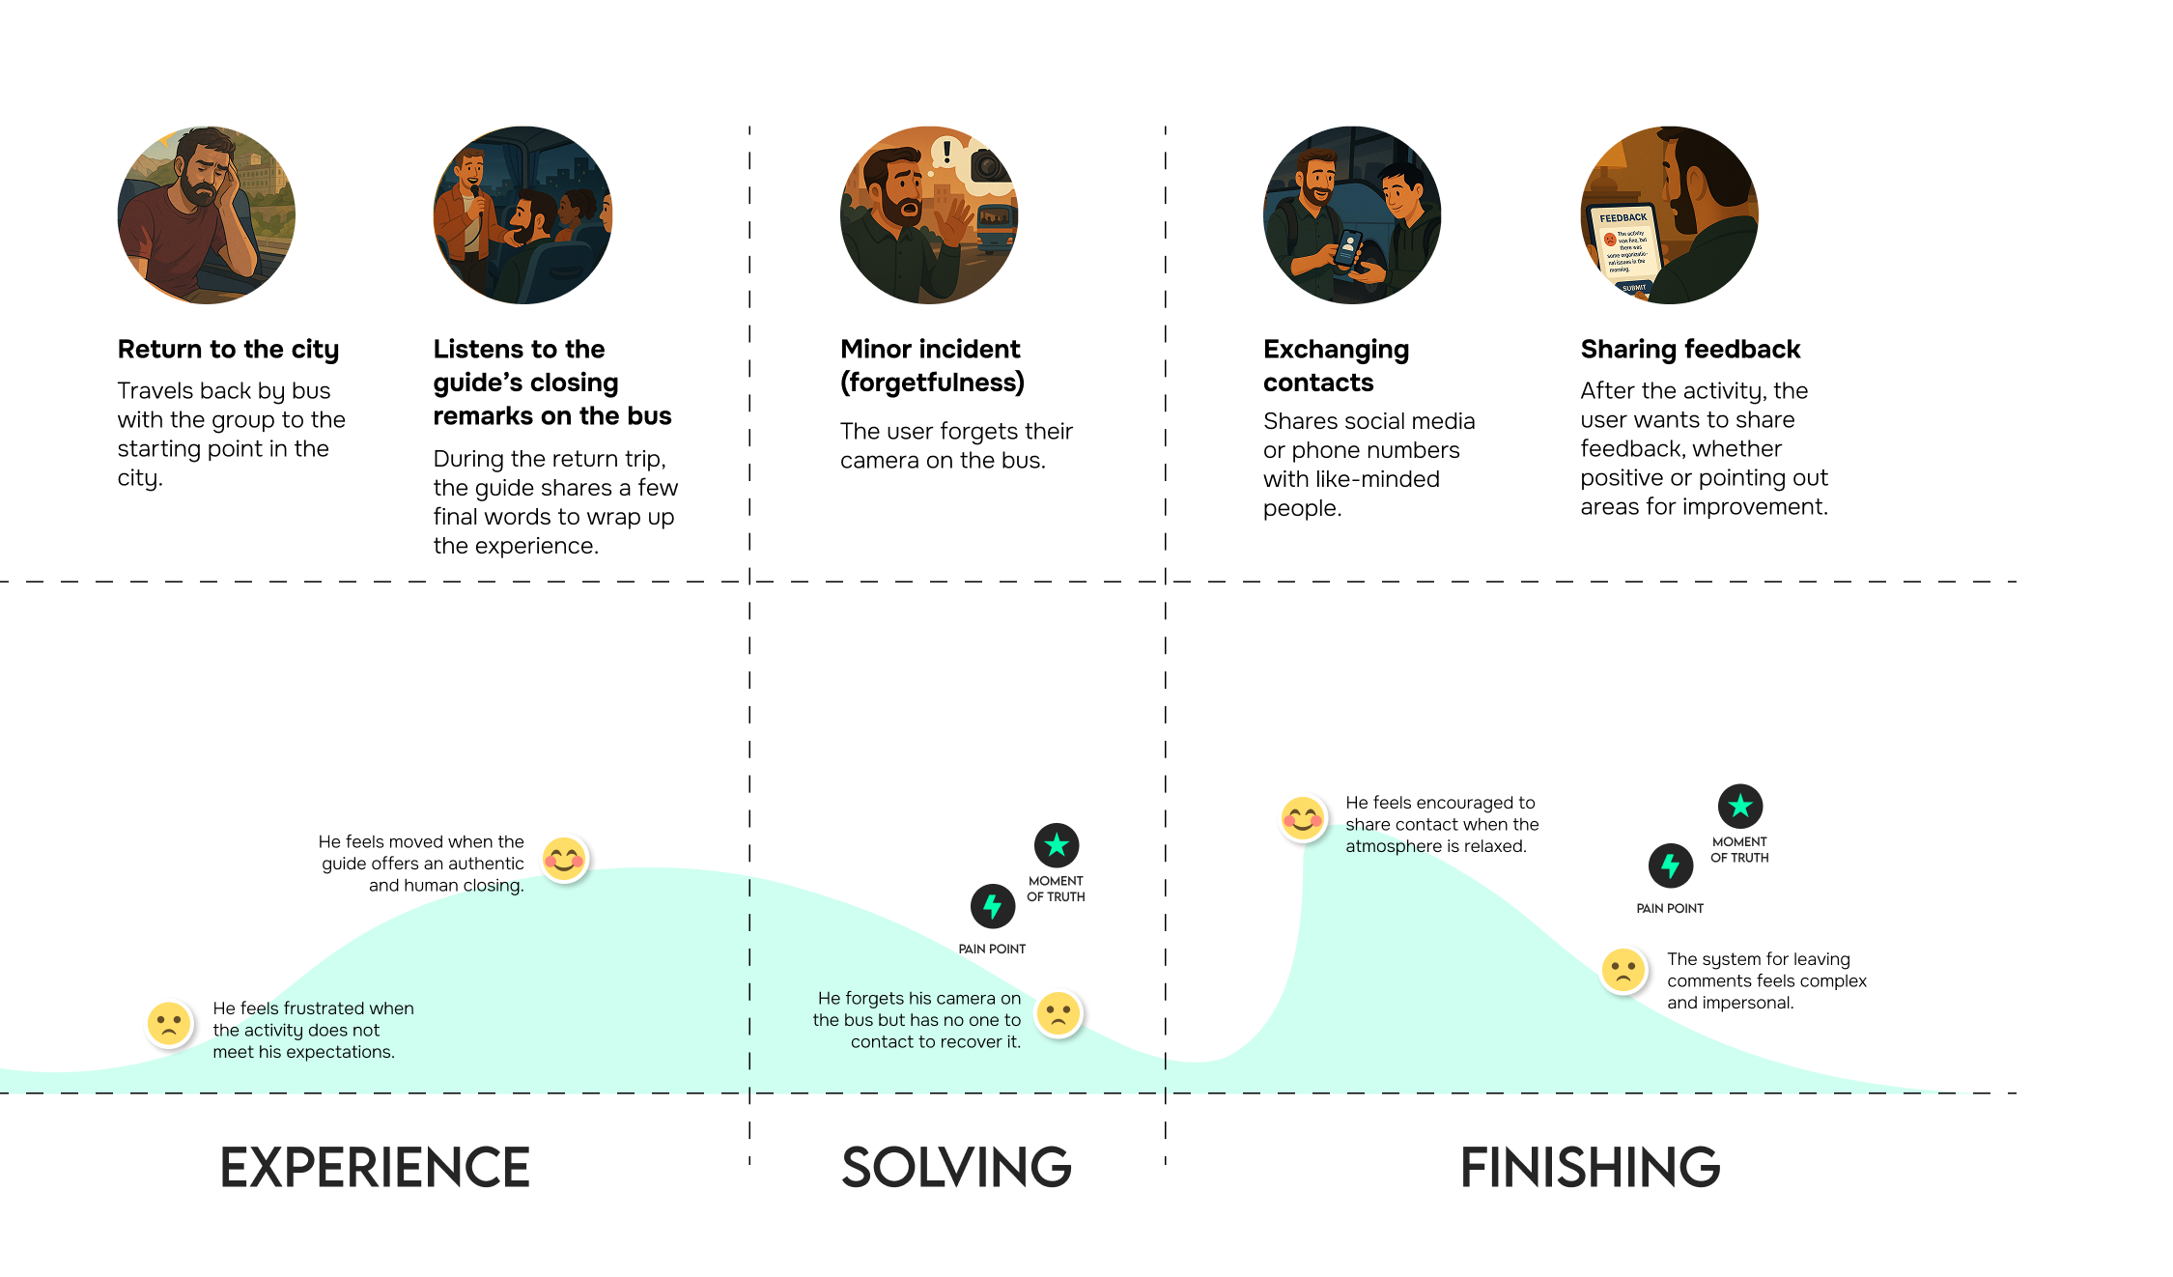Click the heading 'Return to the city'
coord(228,349)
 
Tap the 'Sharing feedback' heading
coord(1690,349)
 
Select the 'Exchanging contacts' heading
coord(1336,365)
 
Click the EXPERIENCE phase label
coord(375,1167)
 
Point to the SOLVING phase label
coord(956,1167)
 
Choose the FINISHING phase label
coord(1590,1167)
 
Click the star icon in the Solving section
coord(1057,845)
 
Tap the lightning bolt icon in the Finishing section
coord(1670,866)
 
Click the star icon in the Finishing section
coord(1739,806)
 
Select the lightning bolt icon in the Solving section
coord(992,906)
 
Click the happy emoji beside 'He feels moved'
coord(564,859)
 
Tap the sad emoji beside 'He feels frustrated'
coord(169,1024)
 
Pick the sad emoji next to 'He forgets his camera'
coord(1058,1014)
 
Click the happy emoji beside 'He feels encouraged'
coord(1303,819)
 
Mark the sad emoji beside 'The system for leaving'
coord(1623,970)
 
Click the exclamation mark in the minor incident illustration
coord(947,152)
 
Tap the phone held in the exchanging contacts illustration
coord(1348,248)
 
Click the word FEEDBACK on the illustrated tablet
coord(1623,218)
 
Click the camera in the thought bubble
coord(989,166)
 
